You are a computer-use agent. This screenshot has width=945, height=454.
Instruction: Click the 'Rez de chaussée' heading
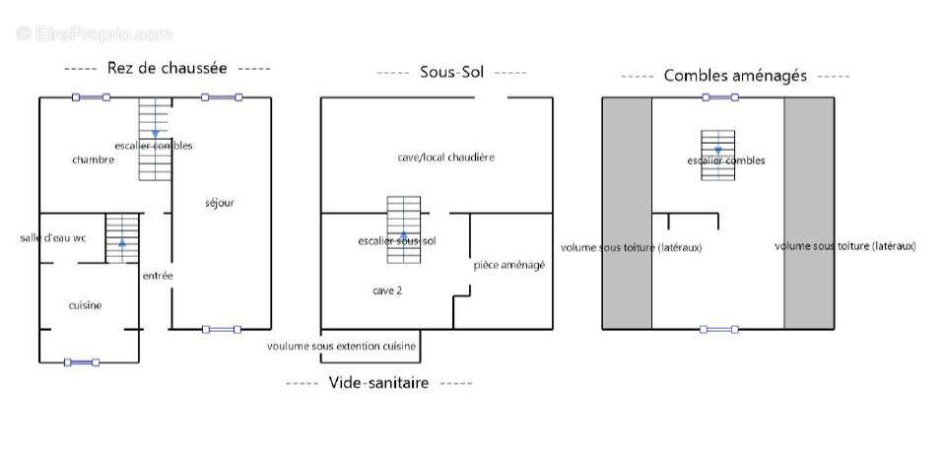(x=167, y=68)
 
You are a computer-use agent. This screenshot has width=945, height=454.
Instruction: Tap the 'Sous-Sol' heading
(x=451, y=72)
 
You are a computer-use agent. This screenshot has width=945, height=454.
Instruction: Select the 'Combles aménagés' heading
(x=735, y=75)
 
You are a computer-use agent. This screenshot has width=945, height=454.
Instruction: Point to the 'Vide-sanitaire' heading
(x=378, y=383)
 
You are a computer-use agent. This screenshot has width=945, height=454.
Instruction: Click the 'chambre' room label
(x=94, y=160)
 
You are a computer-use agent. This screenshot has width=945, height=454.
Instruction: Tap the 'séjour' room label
(x=220, y=203)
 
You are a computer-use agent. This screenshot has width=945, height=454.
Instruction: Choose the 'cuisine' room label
(x=85, y=305)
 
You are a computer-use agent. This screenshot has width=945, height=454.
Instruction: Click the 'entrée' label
(x=158, y=276)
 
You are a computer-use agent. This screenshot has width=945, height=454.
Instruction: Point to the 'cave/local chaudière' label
(x=445, y=158)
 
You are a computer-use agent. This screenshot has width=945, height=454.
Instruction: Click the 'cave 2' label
(x=386, y=291)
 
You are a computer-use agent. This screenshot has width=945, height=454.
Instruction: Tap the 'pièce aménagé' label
(x=509, y=265)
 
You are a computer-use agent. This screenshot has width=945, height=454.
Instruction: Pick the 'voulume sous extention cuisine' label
(x=342, y=347)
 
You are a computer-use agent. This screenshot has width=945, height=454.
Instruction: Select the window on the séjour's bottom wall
(x=221, y=329)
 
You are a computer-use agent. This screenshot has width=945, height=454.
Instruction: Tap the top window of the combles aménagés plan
(x=719, y=97)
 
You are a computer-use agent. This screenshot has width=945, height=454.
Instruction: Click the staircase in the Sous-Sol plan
(x=403, y=228)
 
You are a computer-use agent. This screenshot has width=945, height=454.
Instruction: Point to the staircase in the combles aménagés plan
(x=717, y=155)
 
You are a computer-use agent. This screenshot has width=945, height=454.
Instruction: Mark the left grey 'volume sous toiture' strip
(x=626, y=213)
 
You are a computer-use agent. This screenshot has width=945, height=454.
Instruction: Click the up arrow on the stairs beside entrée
(x=122, y=241)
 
